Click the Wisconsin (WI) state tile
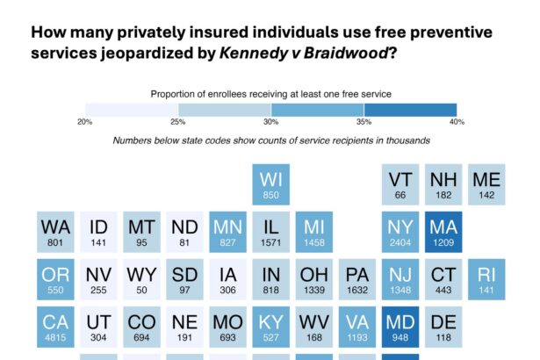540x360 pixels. pyautogui.click(x=271, y=185)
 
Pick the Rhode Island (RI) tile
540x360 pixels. pyautogui.click(x=486, y=278)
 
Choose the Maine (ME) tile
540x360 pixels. pyautogui.click(x=486, y=185)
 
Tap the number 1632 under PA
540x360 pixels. pyautogui.click(x=357, y=291)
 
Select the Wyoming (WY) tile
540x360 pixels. pyautogui.click(x=141, y=278)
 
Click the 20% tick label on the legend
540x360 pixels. pyautogui.click(x=84, y=121)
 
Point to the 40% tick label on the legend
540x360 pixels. pyautogui.click(x=456, y=121)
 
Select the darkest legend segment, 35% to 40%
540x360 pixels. pyautogui.click(x=410, y=109)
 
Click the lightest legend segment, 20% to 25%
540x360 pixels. pyautogui.click(x=131, y=109)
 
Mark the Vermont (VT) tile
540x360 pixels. pyautogui.click(x=400, y=185)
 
